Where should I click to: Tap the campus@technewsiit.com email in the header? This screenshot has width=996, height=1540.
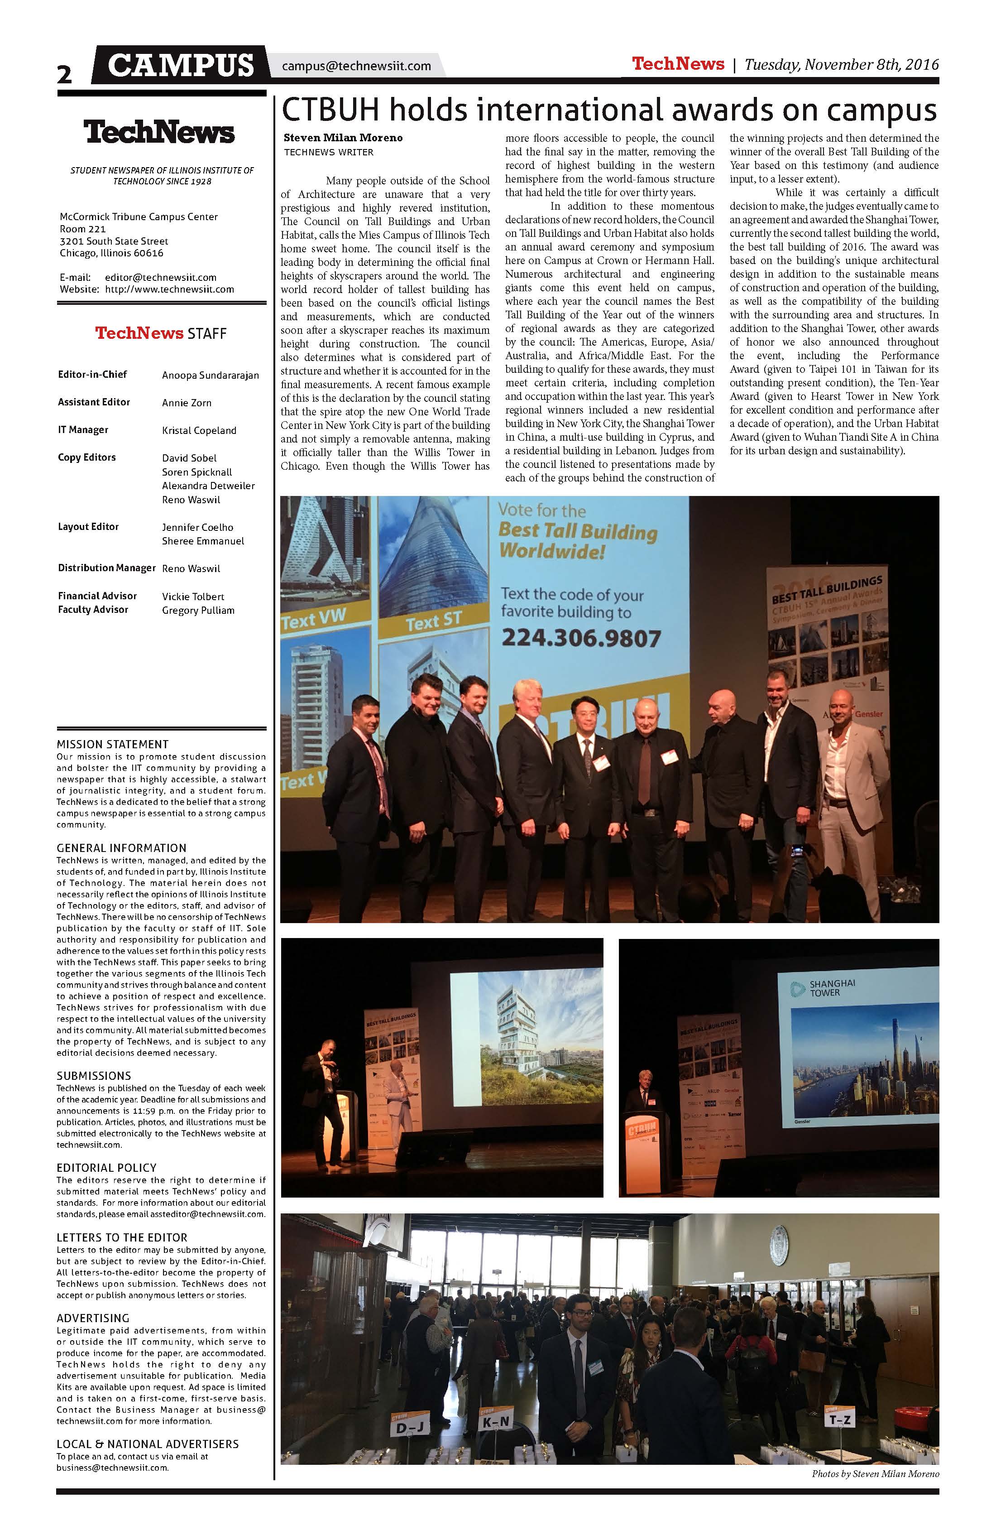(356, 66)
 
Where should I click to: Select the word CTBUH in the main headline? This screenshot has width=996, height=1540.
(330, 110)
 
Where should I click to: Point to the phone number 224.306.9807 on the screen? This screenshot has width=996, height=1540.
(581, 639)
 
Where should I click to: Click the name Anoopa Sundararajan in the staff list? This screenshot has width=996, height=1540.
(210, 375)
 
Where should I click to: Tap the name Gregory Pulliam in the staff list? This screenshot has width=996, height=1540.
(198, 610)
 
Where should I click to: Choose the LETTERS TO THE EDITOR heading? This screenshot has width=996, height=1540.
(122, 1237)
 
